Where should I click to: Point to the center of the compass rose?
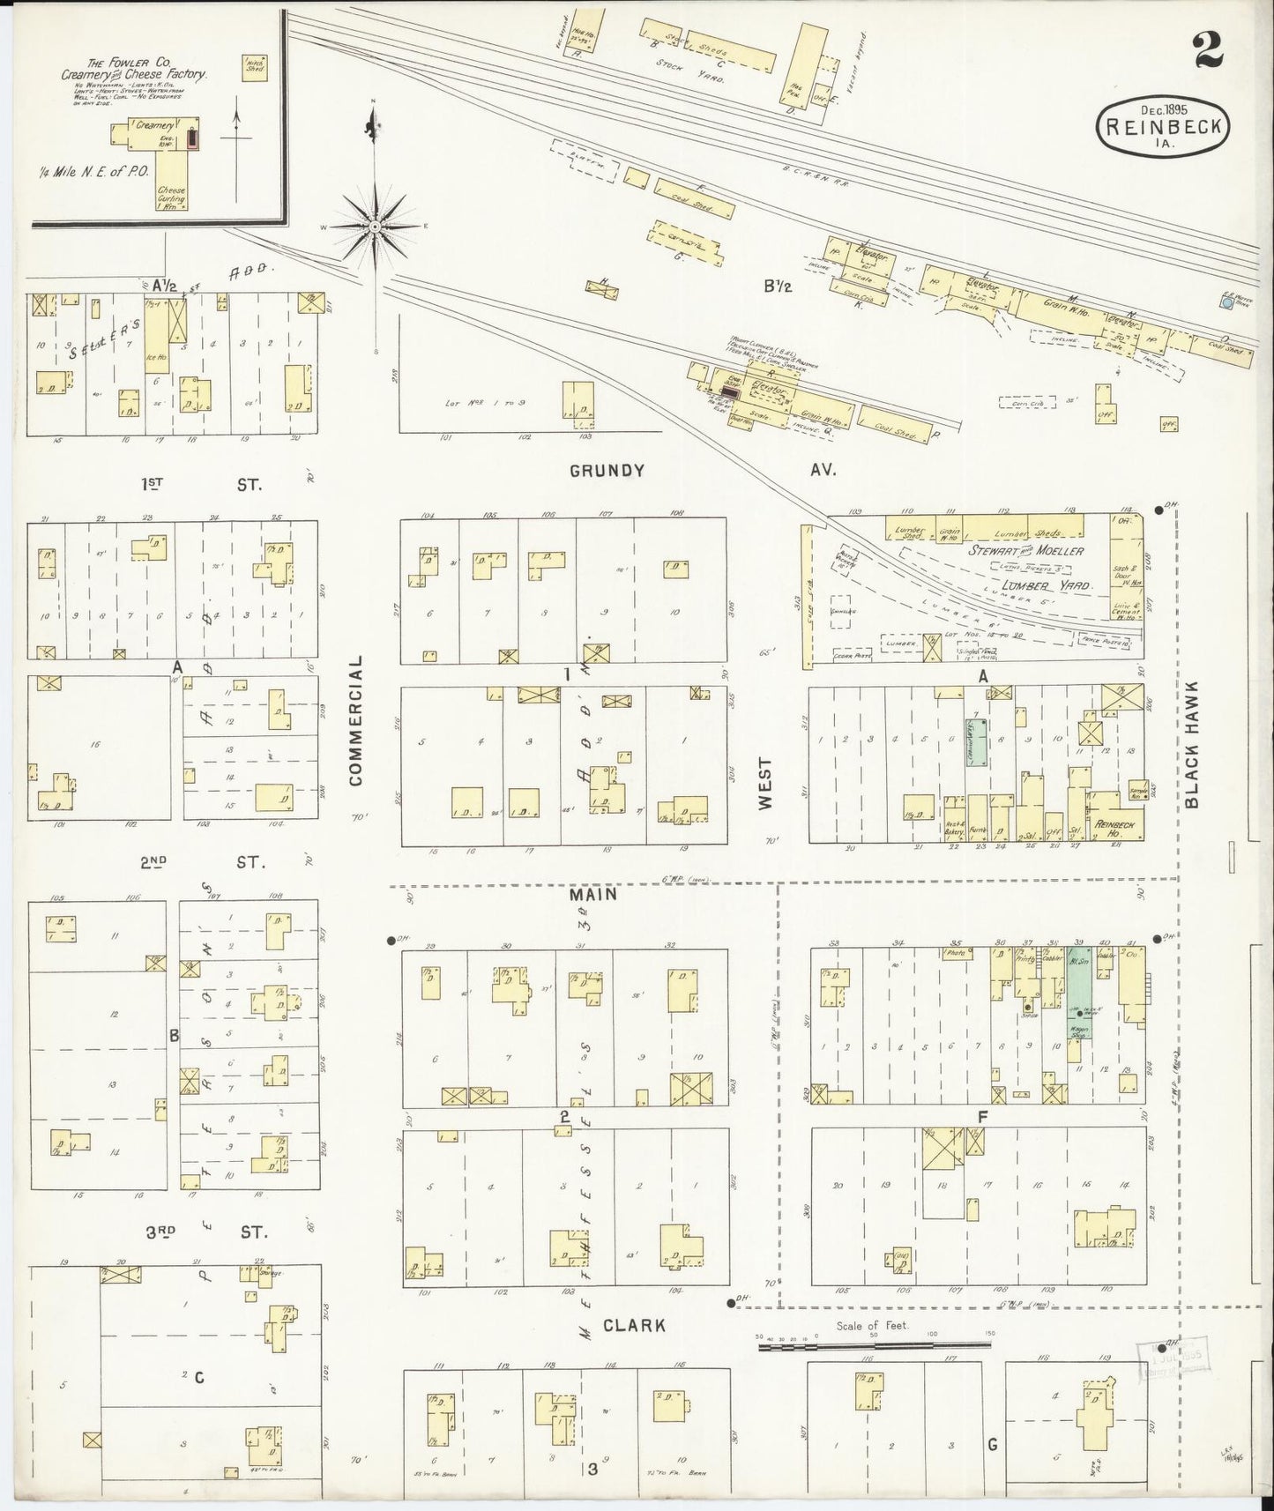click(x=375, y=227)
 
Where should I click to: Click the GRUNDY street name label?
click(x=607, y=471)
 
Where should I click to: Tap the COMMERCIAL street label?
click(x=356, y=719)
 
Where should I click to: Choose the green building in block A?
click(x=976, y=741)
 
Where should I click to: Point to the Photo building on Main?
click(x=957, y=953)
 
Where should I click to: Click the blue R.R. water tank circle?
click(x=1226, y=303)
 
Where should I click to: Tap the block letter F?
click(x=980, y=1117)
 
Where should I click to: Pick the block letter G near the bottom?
click(x=992, y=1444)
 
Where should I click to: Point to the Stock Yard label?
click(x=702, y=78)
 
